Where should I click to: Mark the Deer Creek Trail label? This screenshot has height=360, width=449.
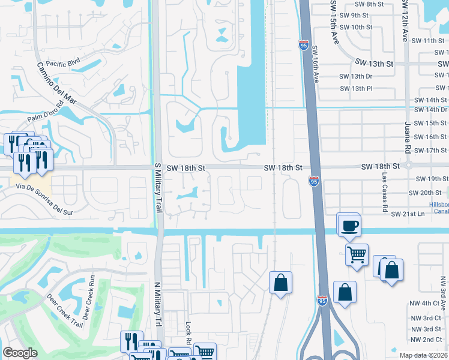[64, 311]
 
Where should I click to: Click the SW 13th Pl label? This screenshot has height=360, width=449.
[356, 89]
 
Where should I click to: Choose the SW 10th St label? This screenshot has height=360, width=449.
[356, 28]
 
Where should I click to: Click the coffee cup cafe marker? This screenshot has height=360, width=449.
[348, 226]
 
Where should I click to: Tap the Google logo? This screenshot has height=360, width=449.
[20, 353]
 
